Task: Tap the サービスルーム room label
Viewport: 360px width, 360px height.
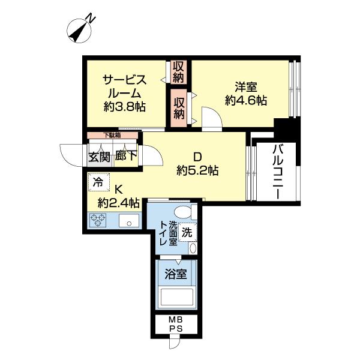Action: pyautogui.click(x=125, y=86)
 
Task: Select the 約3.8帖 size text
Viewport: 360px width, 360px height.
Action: pyautogui.click(x=125, y=107)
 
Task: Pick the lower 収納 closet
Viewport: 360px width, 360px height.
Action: pyautogui.click(x=178, y=107)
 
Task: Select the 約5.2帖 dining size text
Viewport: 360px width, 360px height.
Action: pyautogui.click(x=197, y=170)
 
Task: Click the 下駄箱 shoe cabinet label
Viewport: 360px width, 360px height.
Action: pyautogui.click(x=111, y=136)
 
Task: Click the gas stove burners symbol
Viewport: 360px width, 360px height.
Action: pyautogui.click(x=98, y=221)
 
